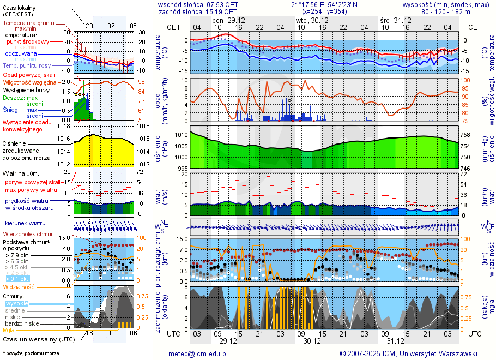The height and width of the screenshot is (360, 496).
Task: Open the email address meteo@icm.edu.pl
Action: point(198,353)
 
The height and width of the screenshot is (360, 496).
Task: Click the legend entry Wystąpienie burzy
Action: point(26,89)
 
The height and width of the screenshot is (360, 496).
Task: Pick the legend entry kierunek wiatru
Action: point(25,224)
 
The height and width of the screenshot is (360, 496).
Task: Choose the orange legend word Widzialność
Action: point(19,286)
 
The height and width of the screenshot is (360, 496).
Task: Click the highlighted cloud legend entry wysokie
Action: point(16,303)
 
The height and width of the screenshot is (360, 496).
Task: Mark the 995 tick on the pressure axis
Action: point(182,169)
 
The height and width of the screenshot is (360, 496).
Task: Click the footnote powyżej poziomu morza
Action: point(32,353)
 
